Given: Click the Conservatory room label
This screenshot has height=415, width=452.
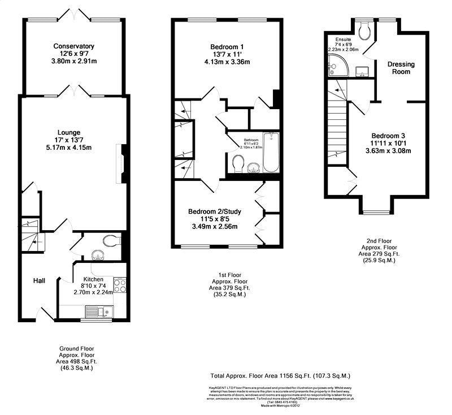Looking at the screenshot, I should (73, 46).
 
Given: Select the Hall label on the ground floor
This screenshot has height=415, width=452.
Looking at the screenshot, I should (38, 280).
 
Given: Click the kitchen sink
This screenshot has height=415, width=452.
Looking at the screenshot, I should (93, 310).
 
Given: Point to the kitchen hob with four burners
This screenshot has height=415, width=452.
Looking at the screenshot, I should (120, 284).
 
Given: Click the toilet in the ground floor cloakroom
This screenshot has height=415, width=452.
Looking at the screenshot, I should (112, 241).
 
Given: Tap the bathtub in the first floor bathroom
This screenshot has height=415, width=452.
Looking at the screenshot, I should (271, 153).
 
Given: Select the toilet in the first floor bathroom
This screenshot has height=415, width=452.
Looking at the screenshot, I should (238, 164).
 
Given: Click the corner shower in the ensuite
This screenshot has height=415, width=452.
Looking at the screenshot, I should (333, 68).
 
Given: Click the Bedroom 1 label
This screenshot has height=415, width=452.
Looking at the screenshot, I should (226, 46).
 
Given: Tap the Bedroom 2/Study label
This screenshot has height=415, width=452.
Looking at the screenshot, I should (215, 212).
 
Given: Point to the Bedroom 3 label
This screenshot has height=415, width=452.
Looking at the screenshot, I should (388, 136).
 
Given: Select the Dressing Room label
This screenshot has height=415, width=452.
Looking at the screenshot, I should (401, 68).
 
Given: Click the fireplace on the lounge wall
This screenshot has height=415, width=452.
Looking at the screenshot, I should (119, 165).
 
